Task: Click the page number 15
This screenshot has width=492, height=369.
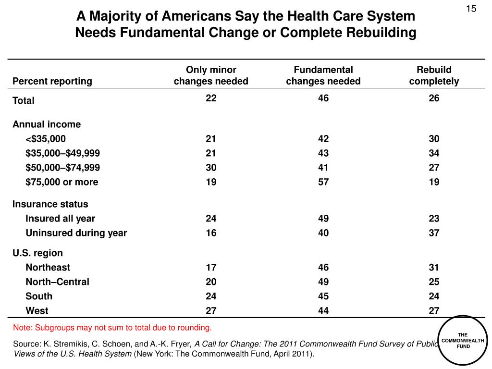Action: [x=471, y=9]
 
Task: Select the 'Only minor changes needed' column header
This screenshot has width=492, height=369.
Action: [x=211, y=75]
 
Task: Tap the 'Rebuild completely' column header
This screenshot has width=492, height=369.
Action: [x=434, y=75]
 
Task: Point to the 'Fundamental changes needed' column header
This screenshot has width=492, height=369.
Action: [x=323, y=75]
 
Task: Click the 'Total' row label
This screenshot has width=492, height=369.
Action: [x=23, y=100]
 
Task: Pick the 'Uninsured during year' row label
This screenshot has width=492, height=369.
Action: [x=76, y=233]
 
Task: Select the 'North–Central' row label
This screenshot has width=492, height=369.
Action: [x=58, y=282]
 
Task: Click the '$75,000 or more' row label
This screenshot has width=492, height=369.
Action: [x=62, y=182]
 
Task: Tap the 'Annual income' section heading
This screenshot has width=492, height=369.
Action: [x=47, y=124]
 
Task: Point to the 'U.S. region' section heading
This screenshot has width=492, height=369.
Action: [x=37, y=253]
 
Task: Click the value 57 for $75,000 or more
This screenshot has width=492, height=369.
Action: [x=323, y=182]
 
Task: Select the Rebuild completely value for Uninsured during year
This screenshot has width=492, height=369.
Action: [x=434, y=233]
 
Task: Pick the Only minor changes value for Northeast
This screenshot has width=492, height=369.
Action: [x=211, y=267]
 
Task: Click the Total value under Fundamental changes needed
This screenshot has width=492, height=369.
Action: [x=323, y=98]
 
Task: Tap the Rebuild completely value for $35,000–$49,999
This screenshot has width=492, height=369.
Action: [x=434, y=153]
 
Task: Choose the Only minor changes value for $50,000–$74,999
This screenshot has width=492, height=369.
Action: [x=211, y=168]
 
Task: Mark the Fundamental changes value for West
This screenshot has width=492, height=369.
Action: [x=323, y=311]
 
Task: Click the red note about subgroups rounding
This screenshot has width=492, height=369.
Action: [x=112, y=328]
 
